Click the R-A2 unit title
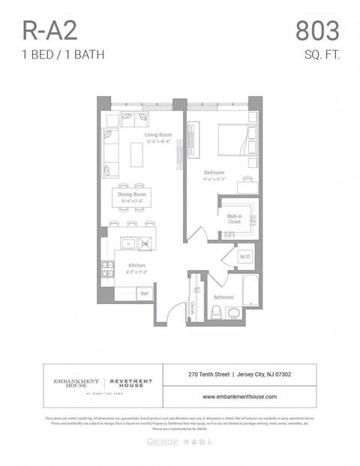coord(50,31)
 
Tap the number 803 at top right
coord(316,31)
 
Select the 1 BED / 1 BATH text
coord(63,54)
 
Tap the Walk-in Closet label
coord(235,219)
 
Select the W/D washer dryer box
coord(244,257)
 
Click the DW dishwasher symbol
coord(145,244)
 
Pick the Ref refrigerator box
coord(144,293)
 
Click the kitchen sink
coord(128,244)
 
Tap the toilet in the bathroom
coord(216,311)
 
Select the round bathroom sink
coord(234,314)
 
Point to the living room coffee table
coord(136,155)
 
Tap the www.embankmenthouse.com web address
coord(239,396)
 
